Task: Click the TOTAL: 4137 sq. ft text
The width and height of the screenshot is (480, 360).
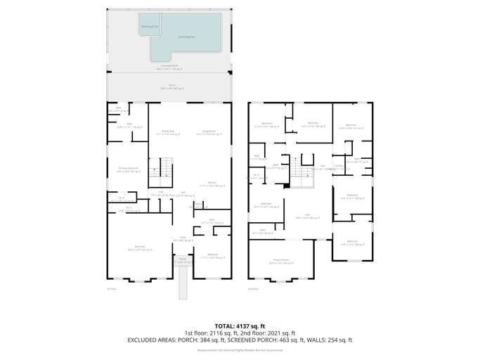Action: point(240,326)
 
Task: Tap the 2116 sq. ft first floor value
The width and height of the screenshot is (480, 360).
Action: point(223,333)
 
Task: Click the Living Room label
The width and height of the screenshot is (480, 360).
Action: point(208,131)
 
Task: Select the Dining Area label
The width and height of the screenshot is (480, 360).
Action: point(168,131)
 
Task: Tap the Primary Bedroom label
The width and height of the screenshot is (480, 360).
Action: point(126,169)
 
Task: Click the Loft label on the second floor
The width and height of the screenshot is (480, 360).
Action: point(307,217)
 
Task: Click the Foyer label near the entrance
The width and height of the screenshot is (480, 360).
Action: point(182,238)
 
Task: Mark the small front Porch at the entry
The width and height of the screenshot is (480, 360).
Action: point(182,260)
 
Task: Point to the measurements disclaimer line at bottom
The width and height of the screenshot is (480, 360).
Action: point(240,349)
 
